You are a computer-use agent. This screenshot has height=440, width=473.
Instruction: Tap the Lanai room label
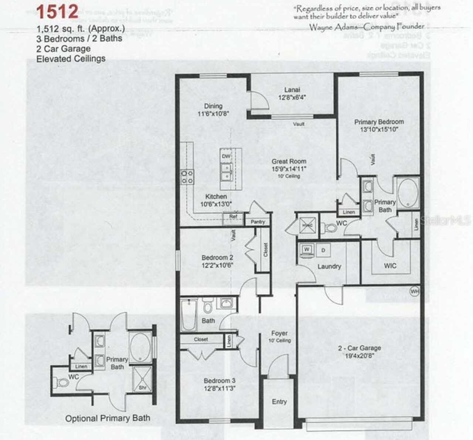[292, 90]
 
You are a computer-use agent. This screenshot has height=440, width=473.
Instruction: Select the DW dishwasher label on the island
[226, 156]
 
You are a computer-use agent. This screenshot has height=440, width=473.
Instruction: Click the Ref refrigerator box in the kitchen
[233, 217]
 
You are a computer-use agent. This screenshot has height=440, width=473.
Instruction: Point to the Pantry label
[258, 222]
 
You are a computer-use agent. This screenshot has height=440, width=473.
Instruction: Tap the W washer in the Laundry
[306, 250]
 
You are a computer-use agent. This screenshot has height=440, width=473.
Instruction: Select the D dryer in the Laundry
[323, 250]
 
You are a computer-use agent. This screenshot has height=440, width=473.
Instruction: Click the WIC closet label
[390, 265]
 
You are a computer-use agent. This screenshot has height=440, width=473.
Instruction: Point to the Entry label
[279, 402]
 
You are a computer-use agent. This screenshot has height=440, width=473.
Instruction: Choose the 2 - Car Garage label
[359, 348]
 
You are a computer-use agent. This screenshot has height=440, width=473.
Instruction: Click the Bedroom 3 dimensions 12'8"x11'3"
[220, 388]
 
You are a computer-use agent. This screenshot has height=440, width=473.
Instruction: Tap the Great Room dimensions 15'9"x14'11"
[289, 169]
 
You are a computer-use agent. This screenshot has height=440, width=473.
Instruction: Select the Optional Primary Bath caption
[108, 419]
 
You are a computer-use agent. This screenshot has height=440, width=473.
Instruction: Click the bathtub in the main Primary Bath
[408, 192]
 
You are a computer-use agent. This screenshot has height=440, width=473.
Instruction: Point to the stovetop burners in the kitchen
[187, 177]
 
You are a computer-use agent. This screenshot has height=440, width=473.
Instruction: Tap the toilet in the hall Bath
[208, 305]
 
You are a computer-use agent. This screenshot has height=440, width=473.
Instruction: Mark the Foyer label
[279, 333]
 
